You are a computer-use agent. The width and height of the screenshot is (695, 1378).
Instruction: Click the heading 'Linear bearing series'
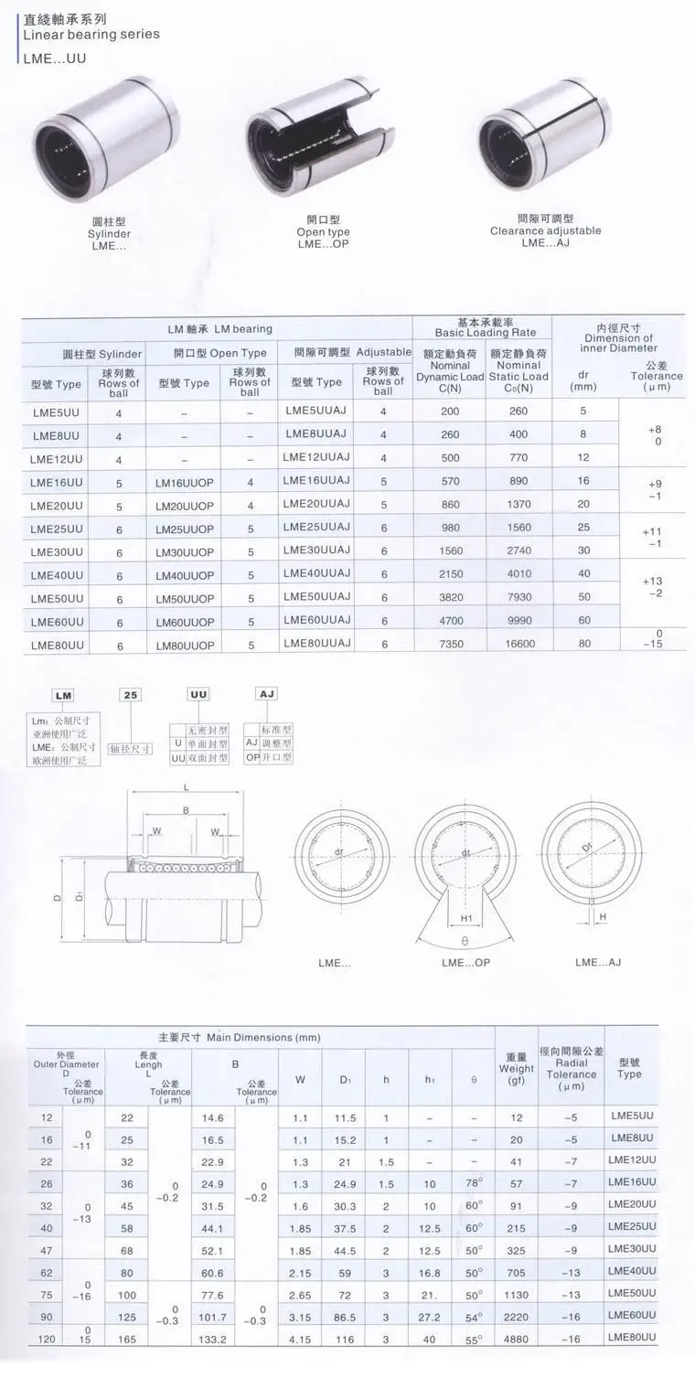91,34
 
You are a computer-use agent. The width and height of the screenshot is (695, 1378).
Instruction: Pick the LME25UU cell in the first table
57,529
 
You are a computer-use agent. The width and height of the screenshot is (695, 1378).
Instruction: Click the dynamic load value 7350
450,645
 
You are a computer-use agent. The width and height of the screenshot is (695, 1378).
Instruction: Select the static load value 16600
519,645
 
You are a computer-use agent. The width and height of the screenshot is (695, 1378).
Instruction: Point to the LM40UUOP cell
185,576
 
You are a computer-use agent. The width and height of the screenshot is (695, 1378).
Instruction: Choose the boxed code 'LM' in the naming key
63,695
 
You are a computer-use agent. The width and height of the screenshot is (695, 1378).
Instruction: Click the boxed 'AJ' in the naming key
267,694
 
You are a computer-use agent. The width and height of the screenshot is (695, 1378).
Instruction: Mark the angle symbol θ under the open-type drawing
465,939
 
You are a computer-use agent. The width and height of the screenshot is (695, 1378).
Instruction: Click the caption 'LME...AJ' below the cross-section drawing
599,962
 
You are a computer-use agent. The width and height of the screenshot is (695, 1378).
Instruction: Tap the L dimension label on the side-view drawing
186,787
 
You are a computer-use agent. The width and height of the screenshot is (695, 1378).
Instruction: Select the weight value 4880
517,1339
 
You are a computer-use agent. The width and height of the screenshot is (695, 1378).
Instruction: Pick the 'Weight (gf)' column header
517,1068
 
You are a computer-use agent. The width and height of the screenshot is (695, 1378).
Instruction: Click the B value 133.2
213,1339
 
